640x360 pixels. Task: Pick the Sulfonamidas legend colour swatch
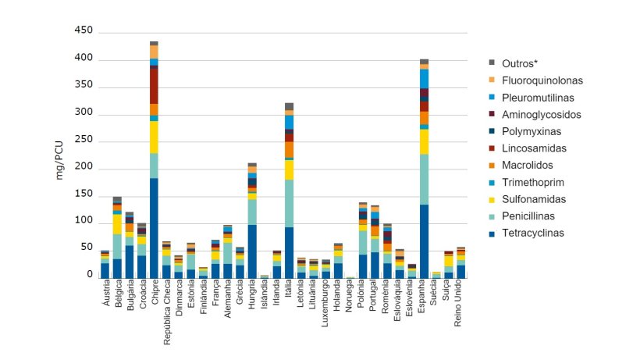[x=492, y=199]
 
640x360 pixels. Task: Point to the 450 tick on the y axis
[x=84, y=31]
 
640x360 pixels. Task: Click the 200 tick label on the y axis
[x=84, y=167]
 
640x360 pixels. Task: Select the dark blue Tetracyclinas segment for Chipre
[x=154, y=226]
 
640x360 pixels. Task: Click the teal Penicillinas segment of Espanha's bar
[x=424, y=179]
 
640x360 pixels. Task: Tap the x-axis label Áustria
[x=105, y=298]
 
